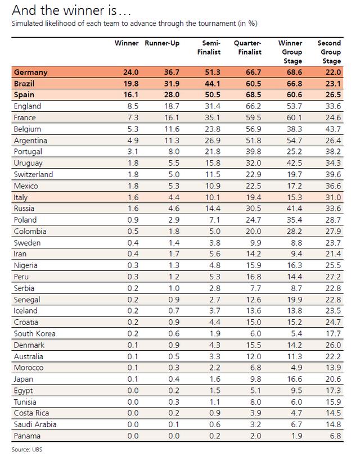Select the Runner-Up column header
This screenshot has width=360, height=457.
coord(162,43)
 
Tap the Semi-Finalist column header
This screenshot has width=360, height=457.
coord(211,47)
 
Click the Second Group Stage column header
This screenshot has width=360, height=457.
coord(329,52)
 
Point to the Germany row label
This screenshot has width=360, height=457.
coord(31,73)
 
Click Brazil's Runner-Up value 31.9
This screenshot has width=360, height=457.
coord(171,84)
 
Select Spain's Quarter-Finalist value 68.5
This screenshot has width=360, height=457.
coord(253,95)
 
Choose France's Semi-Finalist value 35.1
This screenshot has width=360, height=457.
coord(211,118)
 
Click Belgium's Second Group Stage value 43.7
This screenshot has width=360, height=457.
coord(332,129)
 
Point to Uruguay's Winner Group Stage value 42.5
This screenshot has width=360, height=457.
coord(293,163)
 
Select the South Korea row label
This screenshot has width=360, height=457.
coord(34,334)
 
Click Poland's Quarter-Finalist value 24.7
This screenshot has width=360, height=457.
coord(253,220)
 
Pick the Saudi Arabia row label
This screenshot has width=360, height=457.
coord(34,424)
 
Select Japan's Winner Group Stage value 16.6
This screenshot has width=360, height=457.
coord(293,379)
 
